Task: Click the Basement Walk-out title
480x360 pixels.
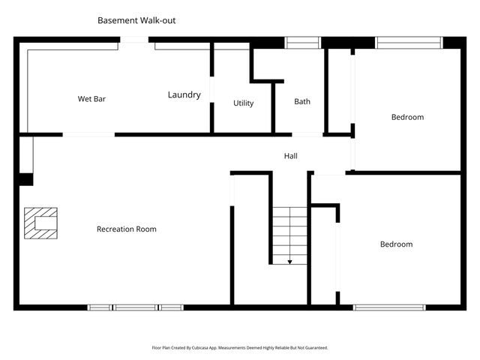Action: (x=136, y=20)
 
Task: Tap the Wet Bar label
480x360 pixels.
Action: (x=91, y=98)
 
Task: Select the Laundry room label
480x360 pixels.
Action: (x=184, y=95)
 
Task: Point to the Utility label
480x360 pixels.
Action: (x=243, y=103)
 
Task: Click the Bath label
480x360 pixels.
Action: (x=301, y=102)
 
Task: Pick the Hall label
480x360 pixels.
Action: (x=290, y=156)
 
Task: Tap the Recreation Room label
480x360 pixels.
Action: (x=126, y=229)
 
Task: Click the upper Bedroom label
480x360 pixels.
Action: (x=407, y=117)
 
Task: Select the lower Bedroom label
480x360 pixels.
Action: (x=396, y=244)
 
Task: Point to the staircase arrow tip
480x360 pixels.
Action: (x=289, y=262)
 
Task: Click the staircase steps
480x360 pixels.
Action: (x=289, y=232)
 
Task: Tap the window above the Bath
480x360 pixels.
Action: (x=303, y=42)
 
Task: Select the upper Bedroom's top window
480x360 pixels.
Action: (x=409, y=42)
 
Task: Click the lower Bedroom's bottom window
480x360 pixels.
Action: (x=389, y=307)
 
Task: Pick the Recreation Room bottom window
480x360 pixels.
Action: (x=136, y=307)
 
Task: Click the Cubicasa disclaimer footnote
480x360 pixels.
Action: (x=240, y=348)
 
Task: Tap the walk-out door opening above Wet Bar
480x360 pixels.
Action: (x=134, y=40)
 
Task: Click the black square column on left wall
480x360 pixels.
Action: (x=25, y=179)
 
